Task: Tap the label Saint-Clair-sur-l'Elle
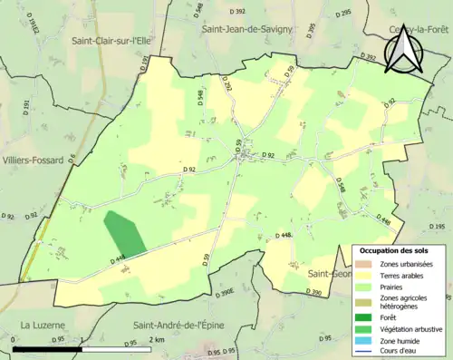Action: click(117, 41)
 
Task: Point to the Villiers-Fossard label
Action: click(34, 160)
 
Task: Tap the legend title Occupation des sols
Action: click(395, 250)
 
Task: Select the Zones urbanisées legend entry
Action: click(406, 264)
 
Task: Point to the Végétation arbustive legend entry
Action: click(410, 328)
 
